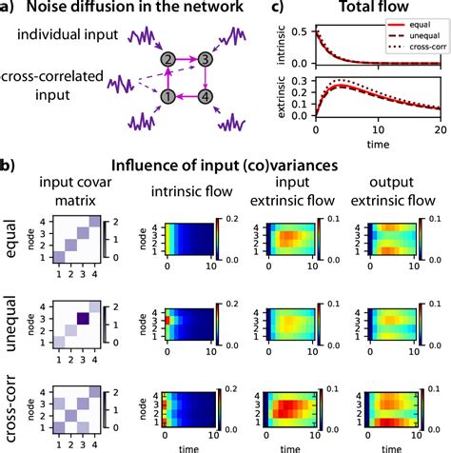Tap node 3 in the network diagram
pos(204,58)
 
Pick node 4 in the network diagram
pos(204,96)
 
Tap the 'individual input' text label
pos(58,34)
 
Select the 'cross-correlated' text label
pos(58,75)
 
